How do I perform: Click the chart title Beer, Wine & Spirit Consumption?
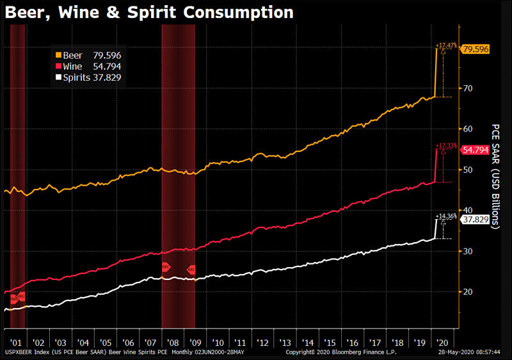(149, 12)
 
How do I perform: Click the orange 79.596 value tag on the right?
(476, 49)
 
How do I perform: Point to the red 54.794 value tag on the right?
(476, 150)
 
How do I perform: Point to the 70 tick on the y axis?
(468, 88)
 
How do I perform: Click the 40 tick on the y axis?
(468, 210)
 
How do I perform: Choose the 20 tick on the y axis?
(468, 291)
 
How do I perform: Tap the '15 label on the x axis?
(331, 342)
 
